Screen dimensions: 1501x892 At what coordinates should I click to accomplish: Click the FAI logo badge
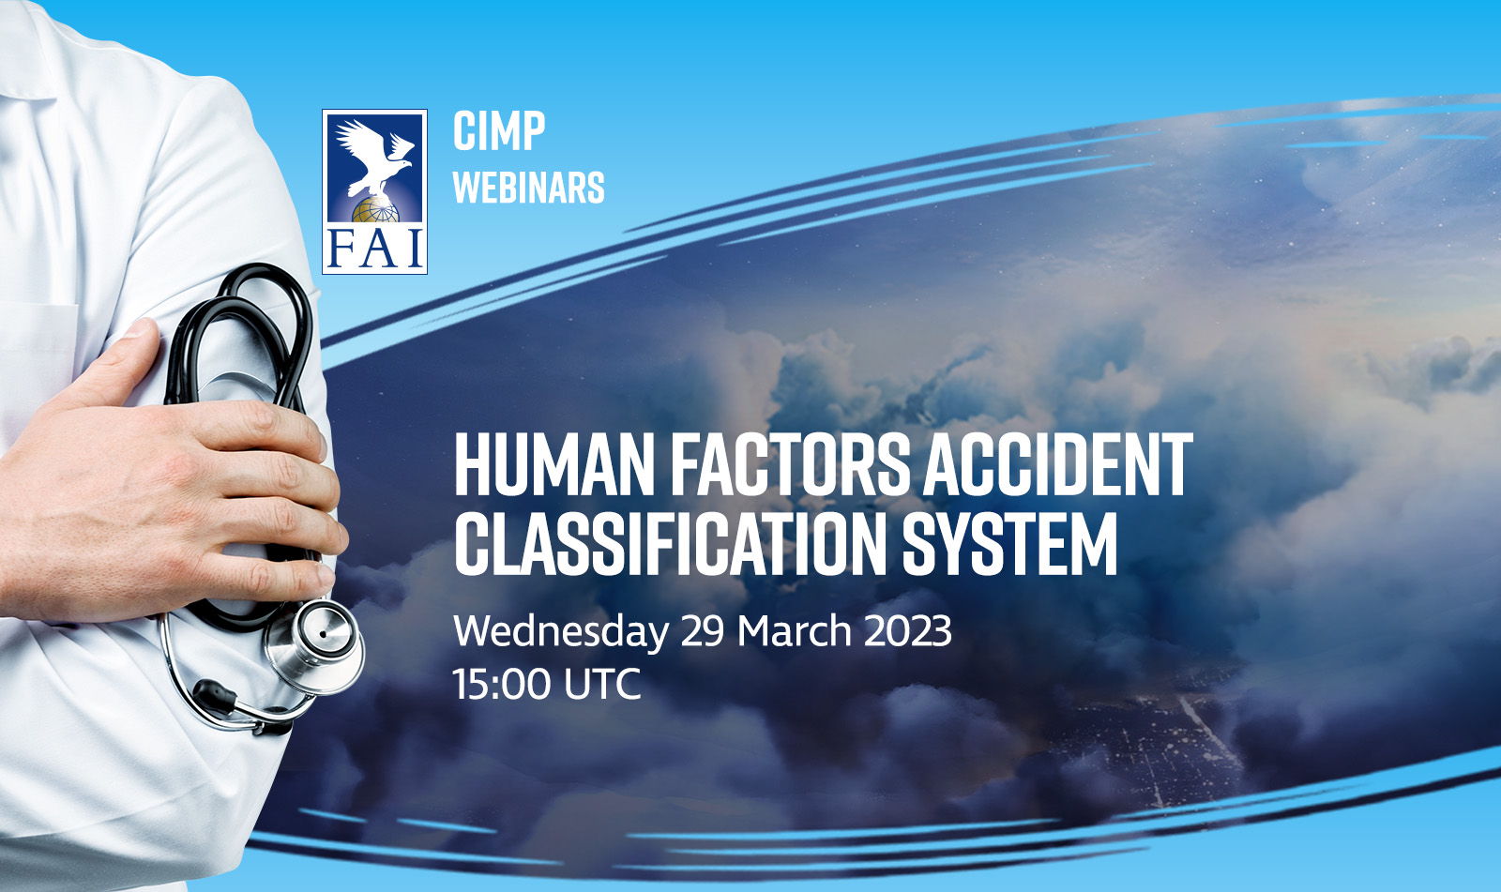pyautogui.click(x=374, y=191)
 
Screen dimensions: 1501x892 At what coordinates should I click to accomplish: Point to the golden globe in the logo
pyautogui.click(x=375, y=210)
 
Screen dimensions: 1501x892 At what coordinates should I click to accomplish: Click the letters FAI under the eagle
pyautogui.click(x=374, y=248)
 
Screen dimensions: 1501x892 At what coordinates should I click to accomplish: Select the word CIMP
pyautogui.click(x=499, y=131)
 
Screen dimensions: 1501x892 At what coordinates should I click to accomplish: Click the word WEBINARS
pyautogui.click(x=529, y=188)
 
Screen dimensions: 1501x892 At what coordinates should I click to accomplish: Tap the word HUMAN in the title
pyautogui.click(x=554, y=464)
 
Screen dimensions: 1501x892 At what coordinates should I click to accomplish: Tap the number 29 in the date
pyautogui.click(x=703, y=630)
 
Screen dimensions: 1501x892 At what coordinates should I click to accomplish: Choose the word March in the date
pyautogui.click(x=794, y=630)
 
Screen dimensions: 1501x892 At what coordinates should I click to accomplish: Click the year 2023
pyautogui.click(x=908, y=630)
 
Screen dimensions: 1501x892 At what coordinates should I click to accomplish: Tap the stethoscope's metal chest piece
pyautogui.click(x=315, y=644)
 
